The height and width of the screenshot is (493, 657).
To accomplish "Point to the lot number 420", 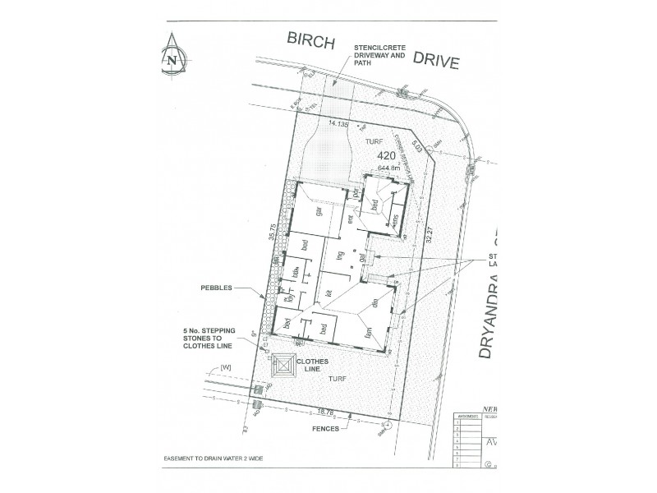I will (x=386, y=155).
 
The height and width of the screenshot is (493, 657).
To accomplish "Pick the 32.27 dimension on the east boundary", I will (x=428, y=236).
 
